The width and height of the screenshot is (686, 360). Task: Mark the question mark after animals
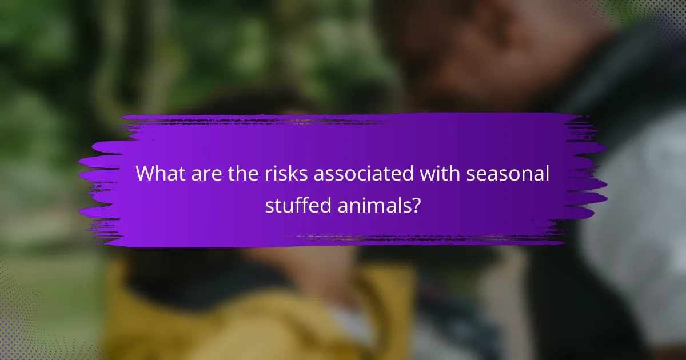(x=416, y=204)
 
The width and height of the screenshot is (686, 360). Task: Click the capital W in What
(x=146, y=174)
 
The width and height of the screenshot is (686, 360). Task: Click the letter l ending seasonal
(x=547, y=174)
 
